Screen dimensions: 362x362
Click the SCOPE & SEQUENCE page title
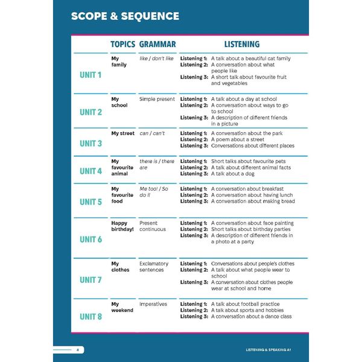point(125,16)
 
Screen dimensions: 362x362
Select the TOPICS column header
point(122,44)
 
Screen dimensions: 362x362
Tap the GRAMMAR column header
point(157,44)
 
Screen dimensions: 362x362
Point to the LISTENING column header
point(242,44)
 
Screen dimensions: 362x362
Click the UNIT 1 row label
point(91,75)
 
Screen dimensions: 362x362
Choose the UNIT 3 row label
point(91,144)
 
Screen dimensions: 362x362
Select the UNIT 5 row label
point(91,202)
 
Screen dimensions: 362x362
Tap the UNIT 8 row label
point(91,317)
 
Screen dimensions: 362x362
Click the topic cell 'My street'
point(123,133)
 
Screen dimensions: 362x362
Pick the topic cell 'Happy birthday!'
point(123,226)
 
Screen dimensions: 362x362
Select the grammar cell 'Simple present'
point(157,99)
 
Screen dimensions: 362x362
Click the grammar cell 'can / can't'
point(152,133)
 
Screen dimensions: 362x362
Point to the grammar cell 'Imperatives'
point(153,304)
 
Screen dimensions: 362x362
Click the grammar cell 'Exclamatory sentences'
point(154,267)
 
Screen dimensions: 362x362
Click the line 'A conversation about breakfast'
point(248,189)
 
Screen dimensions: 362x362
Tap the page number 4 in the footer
point(77,350)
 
